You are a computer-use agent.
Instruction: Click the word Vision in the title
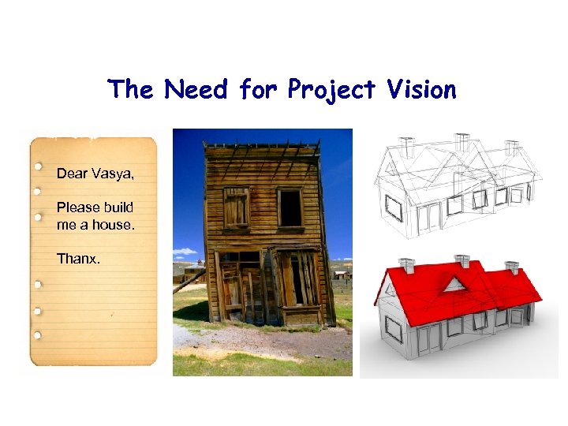[x=422, y=90]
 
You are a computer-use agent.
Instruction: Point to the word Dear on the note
[x=71, y=174]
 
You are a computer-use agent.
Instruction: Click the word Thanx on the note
[x=78, y=258]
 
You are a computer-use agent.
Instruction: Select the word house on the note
[x=115, y=225]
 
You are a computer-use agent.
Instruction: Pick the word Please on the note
[x=77, y=207]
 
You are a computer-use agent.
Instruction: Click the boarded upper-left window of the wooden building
[x=236, y=207]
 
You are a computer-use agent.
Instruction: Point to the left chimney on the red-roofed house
[x=407, y=264]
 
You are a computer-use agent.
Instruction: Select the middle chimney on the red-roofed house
[x=463, y=260]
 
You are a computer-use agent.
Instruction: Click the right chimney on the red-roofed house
[x=512, y=267]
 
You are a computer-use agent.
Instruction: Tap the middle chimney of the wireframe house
[x=461, y=142]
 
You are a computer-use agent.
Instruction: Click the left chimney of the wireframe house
[x=407, y=147]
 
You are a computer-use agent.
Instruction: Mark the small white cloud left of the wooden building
[x=185, y=252]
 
